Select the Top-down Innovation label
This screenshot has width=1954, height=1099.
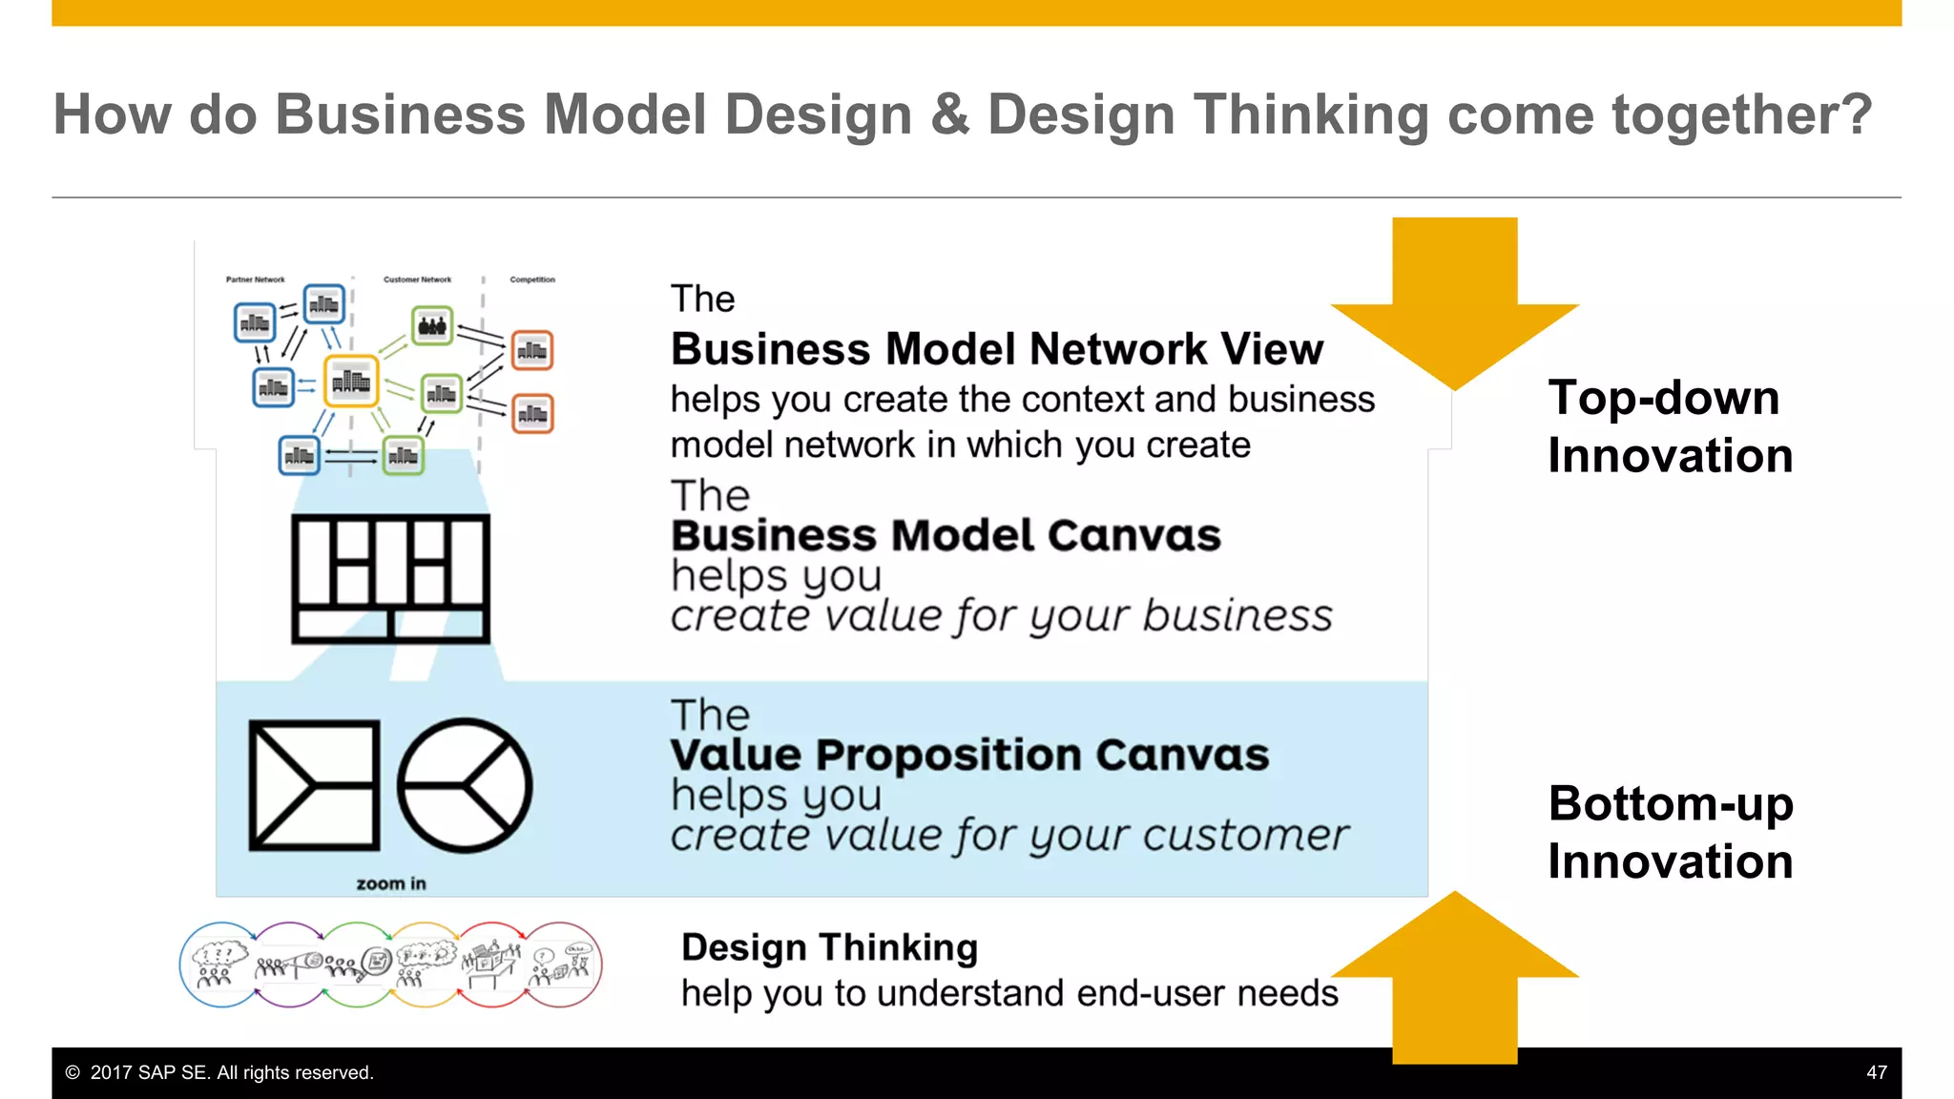click(x=1670, y=425)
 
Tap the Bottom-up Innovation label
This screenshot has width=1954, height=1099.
click(x=1670, y=832)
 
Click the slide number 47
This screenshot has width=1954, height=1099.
click(x=1876, y=1072)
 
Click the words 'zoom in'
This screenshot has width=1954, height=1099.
click(x=391, y=883)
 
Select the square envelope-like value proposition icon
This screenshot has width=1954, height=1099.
click(x=314, y=785)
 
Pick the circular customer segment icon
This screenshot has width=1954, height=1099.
click(x=465, y=785)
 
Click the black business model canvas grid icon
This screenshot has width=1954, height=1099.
click(x=390, y=578)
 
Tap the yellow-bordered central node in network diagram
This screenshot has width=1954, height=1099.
click(x=351, y=382)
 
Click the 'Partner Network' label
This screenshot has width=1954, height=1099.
click(x=255, y=280)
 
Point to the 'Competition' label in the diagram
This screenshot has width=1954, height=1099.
click(x=532, y=280)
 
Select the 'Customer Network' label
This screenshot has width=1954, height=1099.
click(x=417, y=280)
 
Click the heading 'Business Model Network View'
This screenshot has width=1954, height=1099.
click(x=996, y=349)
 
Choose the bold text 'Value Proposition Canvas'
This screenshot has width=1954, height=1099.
click(x=969, y=755)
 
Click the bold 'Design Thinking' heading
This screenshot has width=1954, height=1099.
click(x=829, y=947)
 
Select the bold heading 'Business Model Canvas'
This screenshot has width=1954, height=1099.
click(x=946, y=535)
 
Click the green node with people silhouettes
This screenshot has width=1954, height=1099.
click(x=432, y=326)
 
